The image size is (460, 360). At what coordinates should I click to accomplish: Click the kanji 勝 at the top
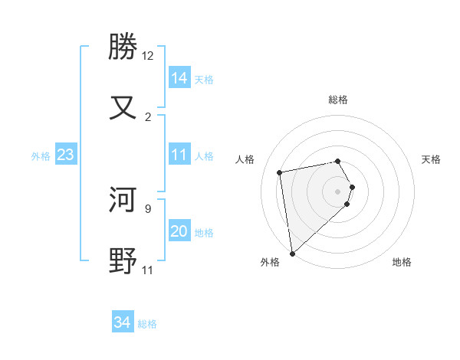[x=123, y=47]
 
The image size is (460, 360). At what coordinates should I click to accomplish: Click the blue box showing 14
[x=179, y=78]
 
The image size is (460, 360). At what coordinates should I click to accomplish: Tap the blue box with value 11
[x=179, y=155]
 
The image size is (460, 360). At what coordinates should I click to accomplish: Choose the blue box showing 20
[x=179, y=231]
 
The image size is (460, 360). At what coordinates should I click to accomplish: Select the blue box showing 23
[x=66, y=155]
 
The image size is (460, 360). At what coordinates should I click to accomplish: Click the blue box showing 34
[x=123, y=323]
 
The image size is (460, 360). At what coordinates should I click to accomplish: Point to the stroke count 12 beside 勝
[x=147, y=56]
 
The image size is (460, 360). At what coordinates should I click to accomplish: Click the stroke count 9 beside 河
[x=147, y=208]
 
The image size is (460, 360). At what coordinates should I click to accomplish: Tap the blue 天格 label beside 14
[x=204, y=79]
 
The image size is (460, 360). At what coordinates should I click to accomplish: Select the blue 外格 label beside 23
[x=41, y=156]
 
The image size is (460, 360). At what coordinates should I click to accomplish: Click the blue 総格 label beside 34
[x=147, y=324]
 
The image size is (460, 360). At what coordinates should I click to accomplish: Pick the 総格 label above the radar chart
[x=338, y=100]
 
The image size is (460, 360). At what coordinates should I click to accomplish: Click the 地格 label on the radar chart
[x=402, y=262]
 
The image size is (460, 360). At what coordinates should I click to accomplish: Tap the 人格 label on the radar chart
[x=246, y=159]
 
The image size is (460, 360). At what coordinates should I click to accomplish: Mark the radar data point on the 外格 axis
[x=292, y=253]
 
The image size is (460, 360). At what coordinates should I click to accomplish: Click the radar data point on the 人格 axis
[x=280, y=172]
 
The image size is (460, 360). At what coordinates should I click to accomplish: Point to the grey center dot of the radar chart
[x=338, y=191]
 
